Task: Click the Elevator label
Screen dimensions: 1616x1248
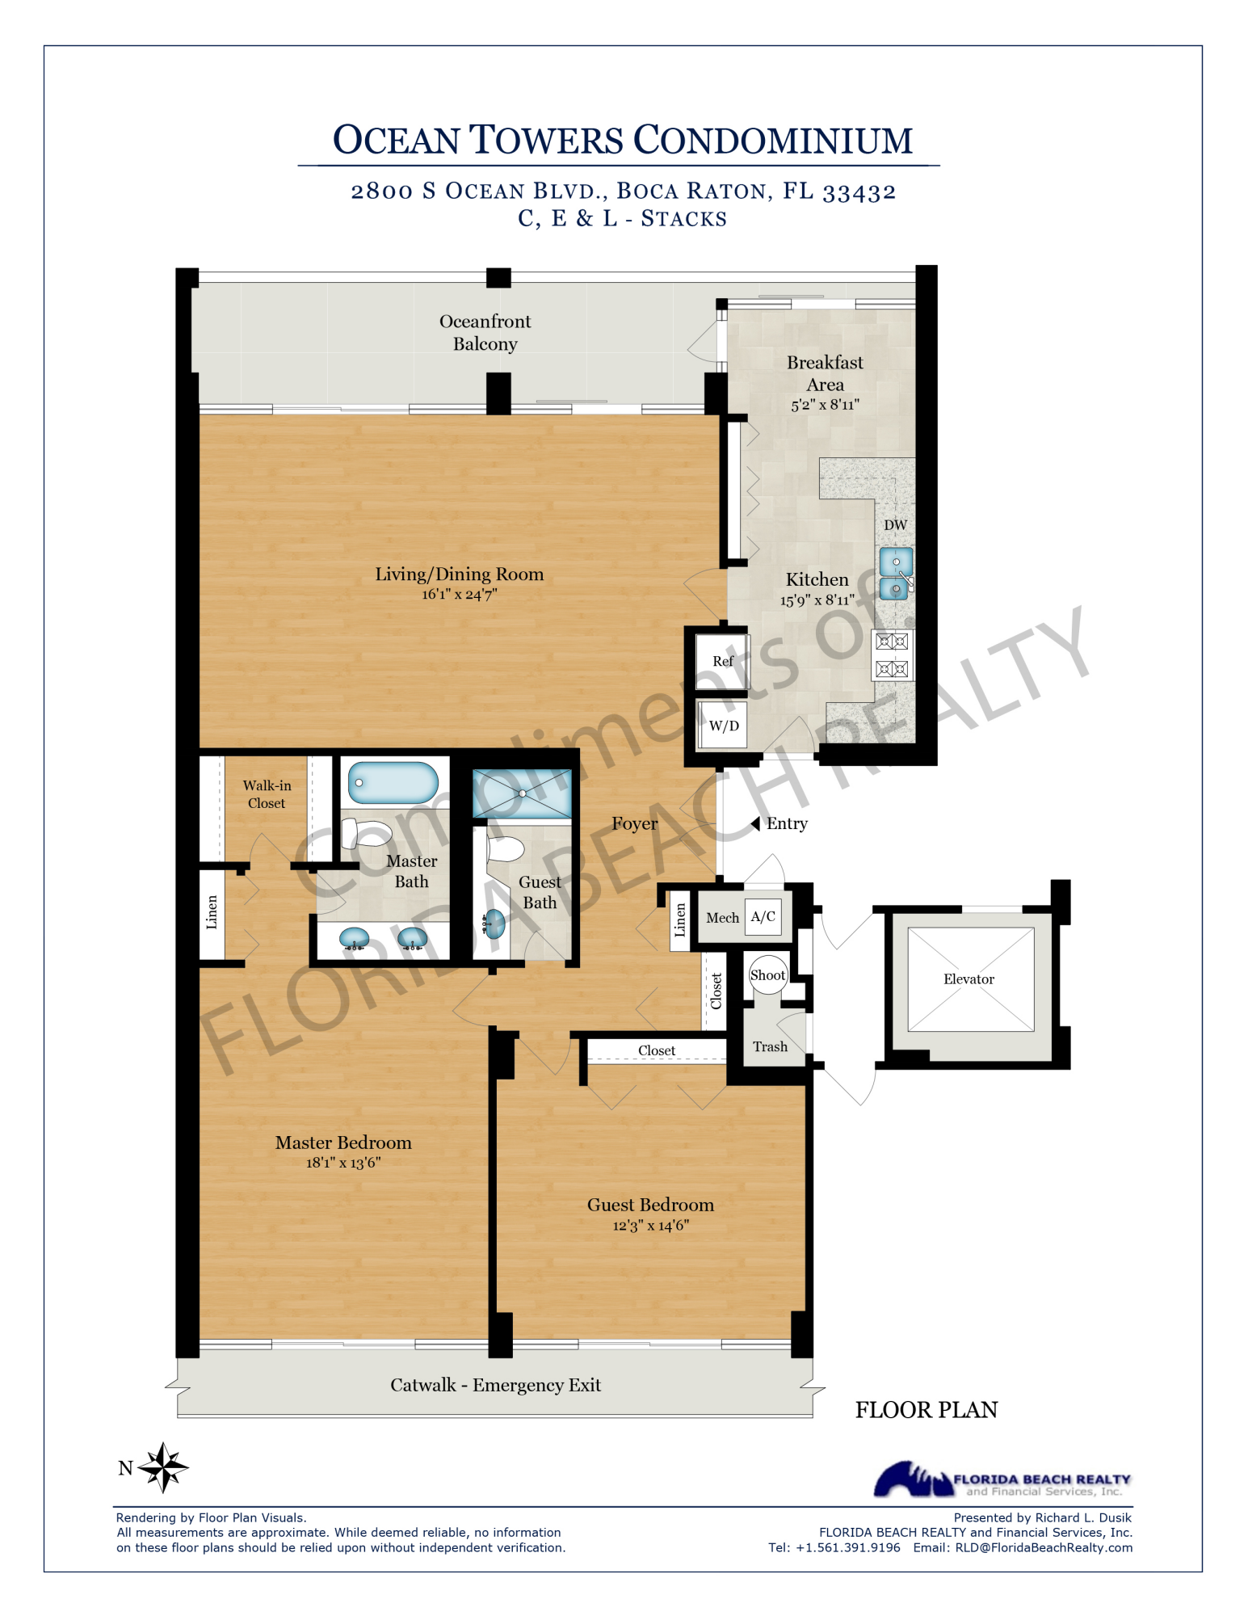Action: coord(969,979)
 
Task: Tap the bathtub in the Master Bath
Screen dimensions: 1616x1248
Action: coord(393,783)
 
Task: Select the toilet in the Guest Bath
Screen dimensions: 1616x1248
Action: coord(505,849)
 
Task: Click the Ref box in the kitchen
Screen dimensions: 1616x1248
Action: coord(722,662)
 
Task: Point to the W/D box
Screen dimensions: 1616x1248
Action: coord(723,726)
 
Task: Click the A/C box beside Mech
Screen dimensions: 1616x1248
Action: coord(763,916)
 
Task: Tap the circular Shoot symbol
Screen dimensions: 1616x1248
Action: coord(767,975)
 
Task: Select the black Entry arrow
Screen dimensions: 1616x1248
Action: coord(755,823)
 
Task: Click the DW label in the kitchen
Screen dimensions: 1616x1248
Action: coord(895,525)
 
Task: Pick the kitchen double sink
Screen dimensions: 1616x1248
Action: coord(896,574)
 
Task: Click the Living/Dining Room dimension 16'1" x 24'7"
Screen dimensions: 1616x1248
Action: coord(459,595)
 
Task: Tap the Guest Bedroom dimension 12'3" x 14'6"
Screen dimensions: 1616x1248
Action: coord(650,1226)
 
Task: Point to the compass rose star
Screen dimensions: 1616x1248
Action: coord(163,1467)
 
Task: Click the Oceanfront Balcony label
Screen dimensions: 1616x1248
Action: coord(485,332)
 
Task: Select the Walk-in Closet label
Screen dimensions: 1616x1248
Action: coord(267,794)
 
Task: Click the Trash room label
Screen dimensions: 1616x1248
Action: coord(770,1047)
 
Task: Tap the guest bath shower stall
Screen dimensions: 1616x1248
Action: coord(522,793)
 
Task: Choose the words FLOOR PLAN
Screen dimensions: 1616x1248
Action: coord(926,1410)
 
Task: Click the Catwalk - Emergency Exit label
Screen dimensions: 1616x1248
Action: coord(495,1385)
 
